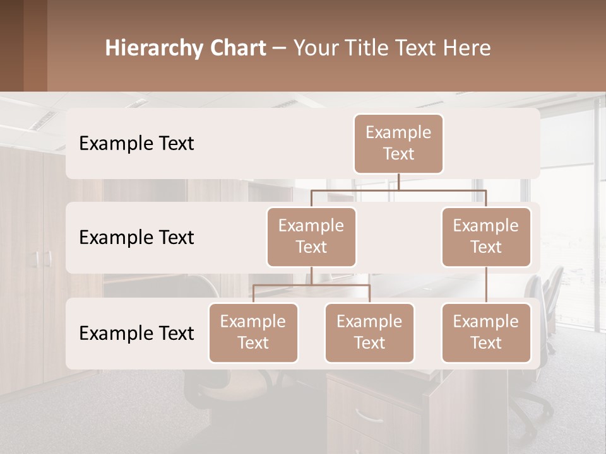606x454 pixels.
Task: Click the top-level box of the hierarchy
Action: pyautogui.click(x=398, y=144)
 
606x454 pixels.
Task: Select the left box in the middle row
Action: pyautogui.click(x=311, y=237)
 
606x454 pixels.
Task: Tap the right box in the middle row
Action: pyautogui.click(x=486, y=237)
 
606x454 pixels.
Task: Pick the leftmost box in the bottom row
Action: pyautogui.click(x=253, y=333)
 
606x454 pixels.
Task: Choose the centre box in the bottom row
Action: pyautogui.click(x=369, y=333)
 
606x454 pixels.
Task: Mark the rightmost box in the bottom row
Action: pyautogui.click(x=486, y=333)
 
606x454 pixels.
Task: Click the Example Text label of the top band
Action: pyautogui.click(x=136, y=144)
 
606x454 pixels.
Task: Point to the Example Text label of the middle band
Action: pyautogui.click(x=136, y=238)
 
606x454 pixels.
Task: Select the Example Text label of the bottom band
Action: pyautogui.click(x=136, y=333)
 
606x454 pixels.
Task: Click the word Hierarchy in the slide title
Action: pyautogui.click(x=153, y=48)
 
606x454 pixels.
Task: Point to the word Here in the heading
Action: pyautogui.click(x=466, y=48)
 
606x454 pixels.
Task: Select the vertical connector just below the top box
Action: pyautogui.click(x=398, y=182)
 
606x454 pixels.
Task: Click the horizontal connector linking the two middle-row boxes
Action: pyautogui.click(x=398, y=190)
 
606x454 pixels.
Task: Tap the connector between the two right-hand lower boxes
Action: pyautogui.click(x=486, y=285)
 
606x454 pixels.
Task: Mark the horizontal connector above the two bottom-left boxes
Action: pyautogui.click(x=311, y=285)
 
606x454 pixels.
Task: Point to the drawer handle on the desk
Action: pyautogui.click(x=369, y=415)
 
